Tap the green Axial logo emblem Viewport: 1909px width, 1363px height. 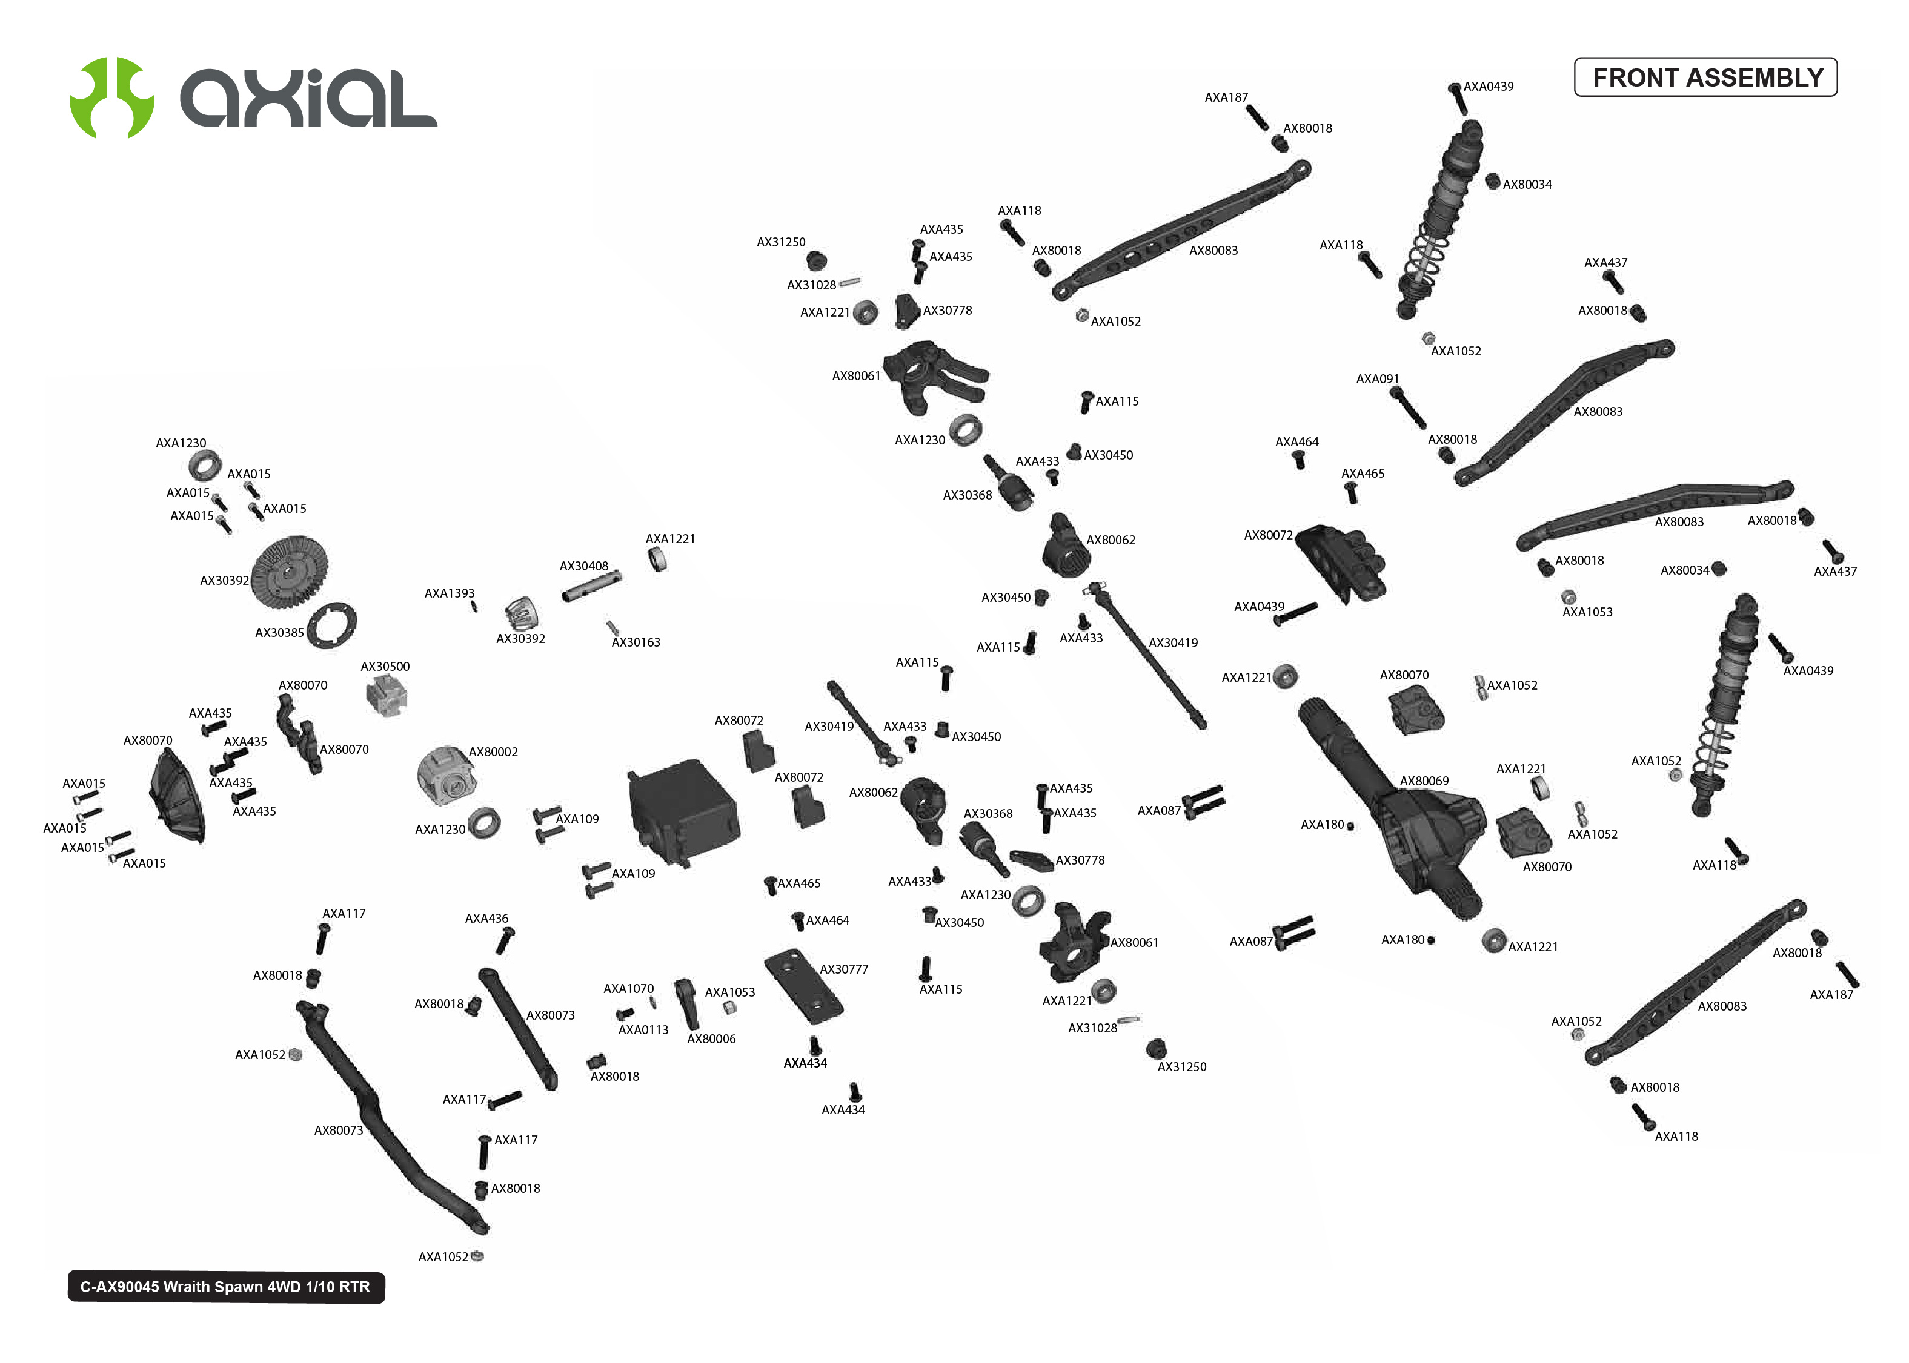coord(111,97)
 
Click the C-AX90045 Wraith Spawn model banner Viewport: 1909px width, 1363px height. coord(225,1287)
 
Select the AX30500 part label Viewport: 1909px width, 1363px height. coord(385,667)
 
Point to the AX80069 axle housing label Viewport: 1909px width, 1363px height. coord(1424,781)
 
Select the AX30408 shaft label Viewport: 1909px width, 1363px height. coord(583,566)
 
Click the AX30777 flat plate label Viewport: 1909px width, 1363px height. coord(844,969)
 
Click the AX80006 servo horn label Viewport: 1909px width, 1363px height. coord(711,1039)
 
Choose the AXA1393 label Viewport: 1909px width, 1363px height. coord(449,593)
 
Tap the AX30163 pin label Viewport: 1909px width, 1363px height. coord(636,642)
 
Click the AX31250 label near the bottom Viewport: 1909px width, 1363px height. coord(1181,1067)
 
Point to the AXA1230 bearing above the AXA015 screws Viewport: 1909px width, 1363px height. coord(204,464)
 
